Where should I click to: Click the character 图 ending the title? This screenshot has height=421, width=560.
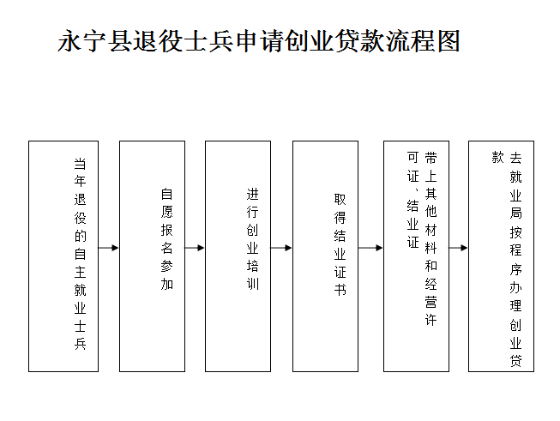point(449,41)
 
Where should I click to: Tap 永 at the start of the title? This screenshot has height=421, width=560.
point(69,41)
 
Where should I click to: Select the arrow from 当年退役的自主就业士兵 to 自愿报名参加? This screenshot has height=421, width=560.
point(109,248)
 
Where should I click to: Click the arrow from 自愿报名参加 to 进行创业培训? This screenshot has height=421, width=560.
point(195,248)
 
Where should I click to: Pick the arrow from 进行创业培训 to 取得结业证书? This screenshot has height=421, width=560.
point(281,248)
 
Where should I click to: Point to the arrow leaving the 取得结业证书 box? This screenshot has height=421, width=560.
point(370,248)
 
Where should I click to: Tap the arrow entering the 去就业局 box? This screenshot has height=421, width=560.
point(459,248)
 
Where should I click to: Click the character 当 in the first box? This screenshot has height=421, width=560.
point(80,164)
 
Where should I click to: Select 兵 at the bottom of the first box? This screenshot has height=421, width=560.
point(80,344)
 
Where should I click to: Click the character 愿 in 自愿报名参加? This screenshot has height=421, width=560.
point(166,212)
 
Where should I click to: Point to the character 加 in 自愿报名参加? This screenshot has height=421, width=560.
point(166,284)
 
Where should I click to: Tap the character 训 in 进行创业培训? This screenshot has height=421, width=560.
point(252,284)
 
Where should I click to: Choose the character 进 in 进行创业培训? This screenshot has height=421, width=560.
point(252,194)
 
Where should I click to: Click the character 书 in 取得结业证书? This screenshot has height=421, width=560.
point(340,289)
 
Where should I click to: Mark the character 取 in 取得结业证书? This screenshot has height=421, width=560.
point(340,199)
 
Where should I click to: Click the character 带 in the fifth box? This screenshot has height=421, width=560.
point(431,158)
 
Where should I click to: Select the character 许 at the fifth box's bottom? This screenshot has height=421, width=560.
point(431,320)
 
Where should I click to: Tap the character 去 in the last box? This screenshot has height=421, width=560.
point(515,158)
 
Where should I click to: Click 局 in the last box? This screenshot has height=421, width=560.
point(515,214)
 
